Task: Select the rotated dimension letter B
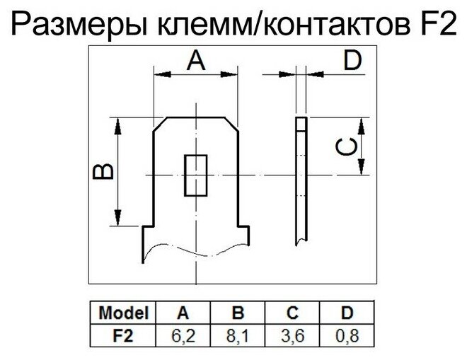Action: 104,172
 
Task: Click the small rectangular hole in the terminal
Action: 195,175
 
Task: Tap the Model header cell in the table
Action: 124,312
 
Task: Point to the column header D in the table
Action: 346,312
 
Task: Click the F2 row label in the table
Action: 124,330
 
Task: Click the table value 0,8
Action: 346,330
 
